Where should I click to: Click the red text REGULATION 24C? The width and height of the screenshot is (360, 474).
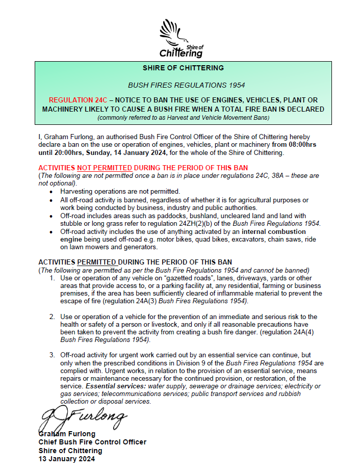[78, 100]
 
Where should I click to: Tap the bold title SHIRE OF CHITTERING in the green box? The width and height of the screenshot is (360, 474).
[183, 68]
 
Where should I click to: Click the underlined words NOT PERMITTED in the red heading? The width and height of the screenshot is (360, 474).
[105, 168]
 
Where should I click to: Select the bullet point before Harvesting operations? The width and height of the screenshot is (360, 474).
[51, 191]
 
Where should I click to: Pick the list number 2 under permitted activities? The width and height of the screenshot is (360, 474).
[52, 317]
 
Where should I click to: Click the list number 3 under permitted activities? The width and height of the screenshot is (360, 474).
[52, 355]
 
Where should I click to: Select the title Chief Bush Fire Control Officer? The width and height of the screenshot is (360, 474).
[92, 442]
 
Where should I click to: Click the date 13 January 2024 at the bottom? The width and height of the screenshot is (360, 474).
[66, 459]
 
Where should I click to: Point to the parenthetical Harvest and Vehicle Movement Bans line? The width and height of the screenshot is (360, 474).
[183, 118]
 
